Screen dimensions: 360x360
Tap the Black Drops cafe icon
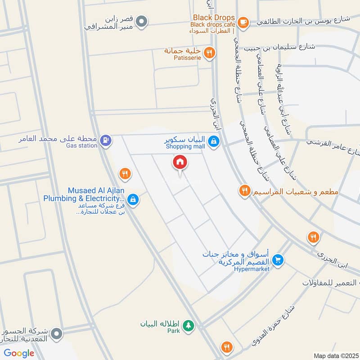coord(243,21)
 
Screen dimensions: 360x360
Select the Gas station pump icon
coord(105,140)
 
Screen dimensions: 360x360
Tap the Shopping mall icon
coord(214,141)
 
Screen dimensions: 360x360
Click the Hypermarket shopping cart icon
coord(278,260)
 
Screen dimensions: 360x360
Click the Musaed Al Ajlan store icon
coord(133,198)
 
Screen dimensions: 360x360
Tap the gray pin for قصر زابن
coord(142,21)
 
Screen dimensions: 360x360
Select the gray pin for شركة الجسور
coord(57,333)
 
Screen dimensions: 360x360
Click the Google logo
coord(19,353)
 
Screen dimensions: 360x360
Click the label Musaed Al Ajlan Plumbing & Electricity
coord(84,194)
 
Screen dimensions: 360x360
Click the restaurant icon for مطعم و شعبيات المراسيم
coord(245,190)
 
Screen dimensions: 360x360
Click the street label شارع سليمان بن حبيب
coord(281,47)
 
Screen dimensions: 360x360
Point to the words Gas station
coord(81,145)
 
